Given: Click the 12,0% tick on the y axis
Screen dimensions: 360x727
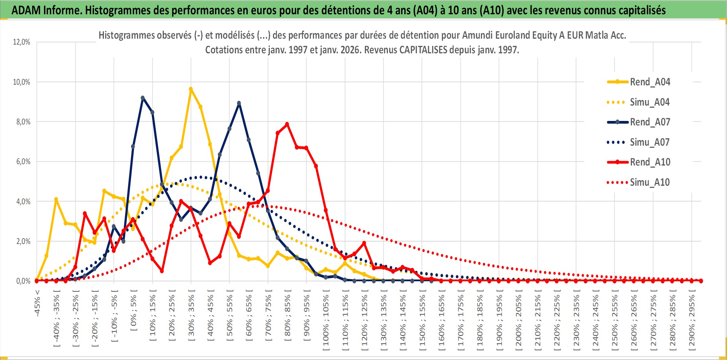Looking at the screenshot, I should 22,42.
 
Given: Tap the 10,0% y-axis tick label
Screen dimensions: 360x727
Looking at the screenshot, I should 22,82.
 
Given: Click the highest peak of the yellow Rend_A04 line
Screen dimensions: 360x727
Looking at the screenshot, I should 191,89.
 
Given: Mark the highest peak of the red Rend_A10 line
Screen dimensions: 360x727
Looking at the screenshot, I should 287,124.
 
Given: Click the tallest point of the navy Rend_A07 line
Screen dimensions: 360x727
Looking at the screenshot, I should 143,98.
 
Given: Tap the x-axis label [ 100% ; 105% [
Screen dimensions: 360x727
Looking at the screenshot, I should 326,321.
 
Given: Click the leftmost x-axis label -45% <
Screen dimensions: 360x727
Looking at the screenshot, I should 37,303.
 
